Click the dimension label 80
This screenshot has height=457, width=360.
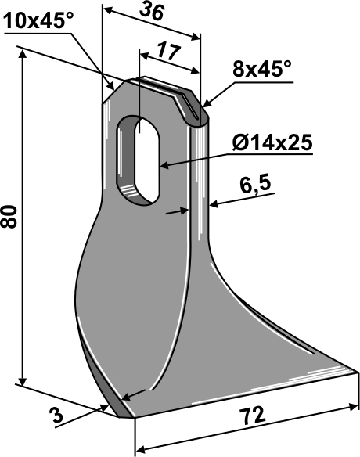(9, 217)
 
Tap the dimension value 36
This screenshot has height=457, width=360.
(152, 13)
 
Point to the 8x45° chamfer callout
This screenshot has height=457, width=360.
(262, 70)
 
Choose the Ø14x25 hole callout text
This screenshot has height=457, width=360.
(272, 142)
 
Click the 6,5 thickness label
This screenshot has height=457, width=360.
(256, 185)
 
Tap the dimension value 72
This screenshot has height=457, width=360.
(252, 416)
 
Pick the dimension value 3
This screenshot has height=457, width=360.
(56, 415)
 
